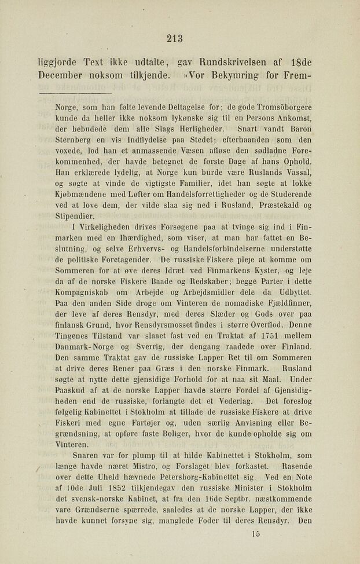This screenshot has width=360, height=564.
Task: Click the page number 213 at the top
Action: [x=174, y=39]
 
